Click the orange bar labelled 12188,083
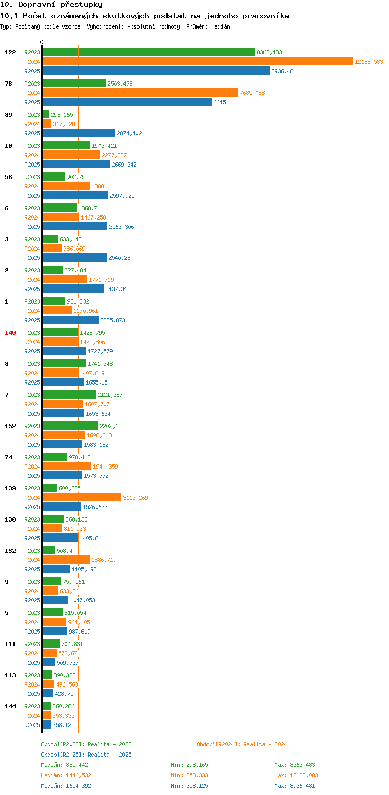(x=197, y=62)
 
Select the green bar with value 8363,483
(x=148, y=52)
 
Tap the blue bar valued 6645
(x=127, y=102)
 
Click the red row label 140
(x=10, y=333)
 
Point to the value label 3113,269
(x=135, y=498)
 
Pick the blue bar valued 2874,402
(x=78, y=133)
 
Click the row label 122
(x=10, y=52)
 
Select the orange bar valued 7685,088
(x=140, y=93)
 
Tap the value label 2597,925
(x=122, y=196)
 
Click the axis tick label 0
(x=42, y=42)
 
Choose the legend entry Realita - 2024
(x=242, y=744)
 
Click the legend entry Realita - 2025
(x=86, y=755)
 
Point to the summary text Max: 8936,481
(x=295, y=786)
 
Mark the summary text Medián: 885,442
(x=66, y=765)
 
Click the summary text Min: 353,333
(x=189, y=775)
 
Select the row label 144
(x=10, y=706)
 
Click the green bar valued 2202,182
(x=70, y=426)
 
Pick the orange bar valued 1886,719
(x=66, y=560)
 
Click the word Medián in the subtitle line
(x=219, y=26)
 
